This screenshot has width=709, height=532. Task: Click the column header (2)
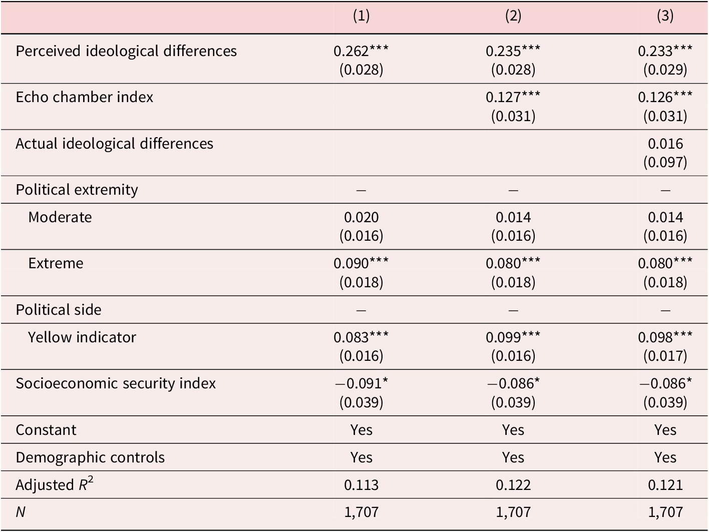[x=513, y=16]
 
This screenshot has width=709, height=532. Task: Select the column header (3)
[x=665, y=16]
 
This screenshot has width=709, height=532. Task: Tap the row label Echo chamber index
[x=84, y=97]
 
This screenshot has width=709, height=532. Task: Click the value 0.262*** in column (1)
[x=361, y=51]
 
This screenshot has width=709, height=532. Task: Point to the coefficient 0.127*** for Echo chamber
[x=513, y=97]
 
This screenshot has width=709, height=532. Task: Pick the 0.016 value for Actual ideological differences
[x=665, y=144]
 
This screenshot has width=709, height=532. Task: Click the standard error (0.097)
[x=665, y=162]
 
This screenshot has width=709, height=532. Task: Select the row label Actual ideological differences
[x=114, y=144]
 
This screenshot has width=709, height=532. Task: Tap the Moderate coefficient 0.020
[x=361, y=217]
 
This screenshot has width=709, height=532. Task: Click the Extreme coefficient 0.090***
[x=361, y=263]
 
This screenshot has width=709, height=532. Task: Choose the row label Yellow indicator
[x=82, y=337]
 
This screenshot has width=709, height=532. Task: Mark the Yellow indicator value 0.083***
[x=361, y=337]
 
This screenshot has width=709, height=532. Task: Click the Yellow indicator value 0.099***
[x=513, y=337]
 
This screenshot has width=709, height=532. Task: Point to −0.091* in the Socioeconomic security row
[x=361, y=383]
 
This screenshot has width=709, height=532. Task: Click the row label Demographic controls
[x=90, y=457]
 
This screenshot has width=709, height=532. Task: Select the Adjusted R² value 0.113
[x=361, y=485]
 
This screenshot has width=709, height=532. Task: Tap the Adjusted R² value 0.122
[x=513, y=485]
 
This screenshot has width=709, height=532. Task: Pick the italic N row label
[x=21, y=512]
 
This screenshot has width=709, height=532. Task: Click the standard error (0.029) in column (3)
[x=665, y=70]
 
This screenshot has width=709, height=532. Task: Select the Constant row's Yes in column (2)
[x=513, y=430]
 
